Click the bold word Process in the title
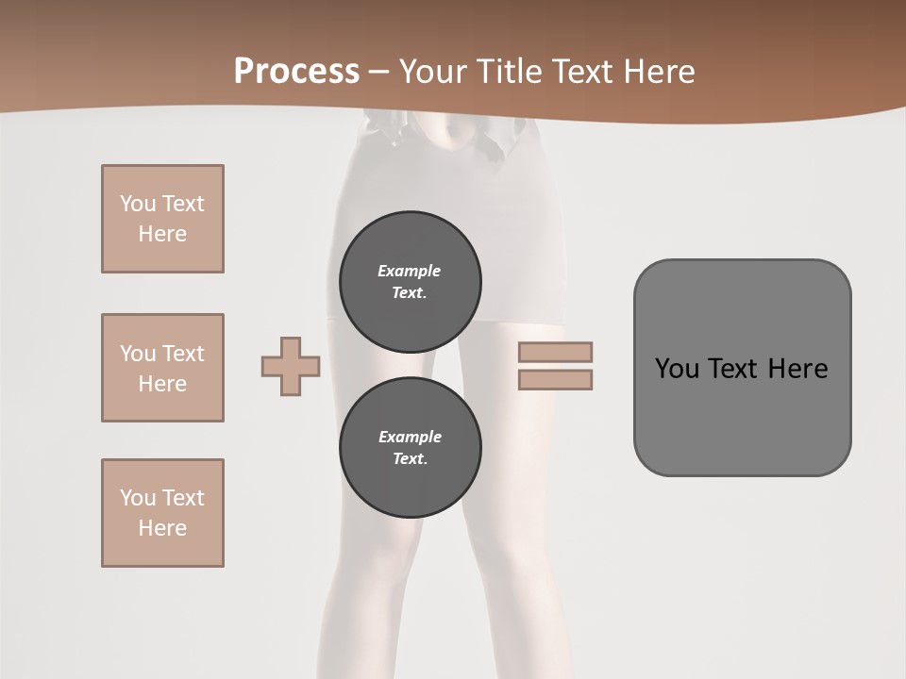tap(296, 72)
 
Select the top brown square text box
tap(162, 219)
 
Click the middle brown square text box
tap(162, 368)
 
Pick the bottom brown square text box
tap(162, 513)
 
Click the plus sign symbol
tap(291, 366)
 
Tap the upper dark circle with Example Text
tap(410, 282)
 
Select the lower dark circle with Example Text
tap(410, 448)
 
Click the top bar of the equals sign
tap(555, 352)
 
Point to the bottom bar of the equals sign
tap(555, 379)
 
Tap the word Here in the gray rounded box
tap(797, 369)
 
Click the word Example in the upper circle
tap(410, 271)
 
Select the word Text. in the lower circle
tap(410, 459)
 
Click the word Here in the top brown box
tap(162, 234)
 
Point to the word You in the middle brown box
tap(136, 354)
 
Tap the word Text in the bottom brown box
tap(183, 498)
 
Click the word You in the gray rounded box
tap(677, 369)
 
